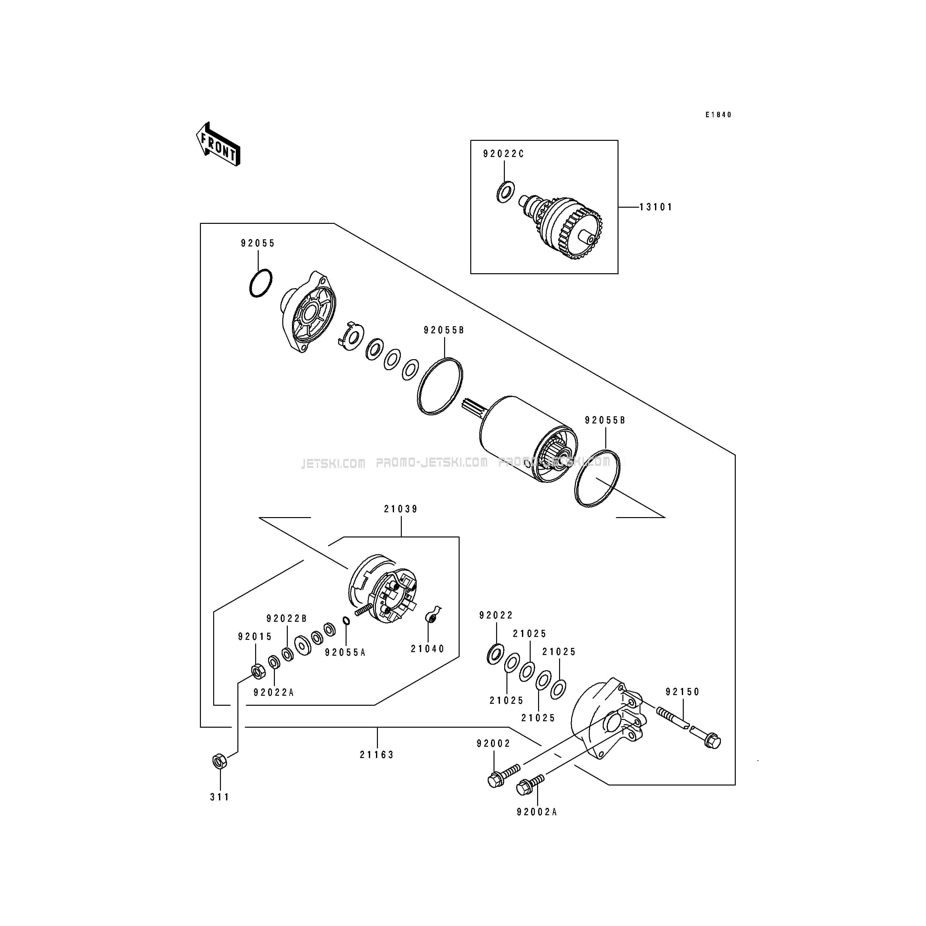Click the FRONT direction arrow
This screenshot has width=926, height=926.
tap(218, 144)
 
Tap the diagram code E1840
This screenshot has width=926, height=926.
tap(718, 115)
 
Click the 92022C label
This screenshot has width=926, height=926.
tap(503, 154)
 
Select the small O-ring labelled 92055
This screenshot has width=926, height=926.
tap(261, 283)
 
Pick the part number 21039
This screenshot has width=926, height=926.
tap(401, 509)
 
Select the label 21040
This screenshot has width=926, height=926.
tap(428, 649)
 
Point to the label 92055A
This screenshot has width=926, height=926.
tap(345, 653)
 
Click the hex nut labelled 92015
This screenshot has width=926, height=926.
tap(257, 671)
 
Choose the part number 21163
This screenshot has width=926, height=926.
tap(377, 755)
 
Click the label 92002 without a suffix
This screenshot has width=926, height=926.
tap(494, 744)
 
